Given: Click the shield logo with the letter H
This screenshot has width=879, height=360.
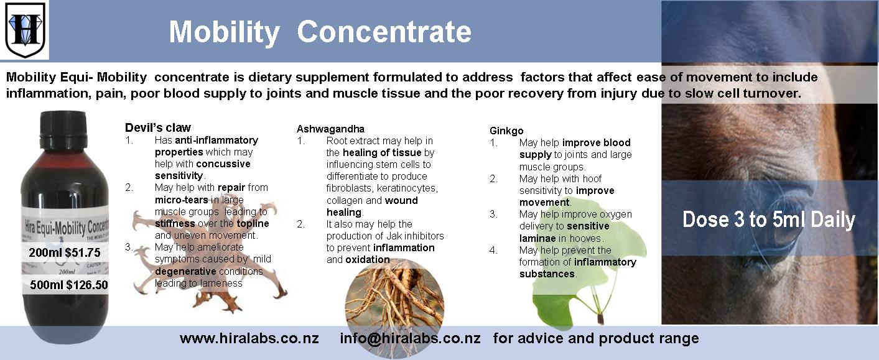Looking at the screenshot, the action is (25, 30).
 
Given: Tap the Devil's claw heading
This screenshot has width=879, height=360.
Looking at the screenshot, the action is (158, 127).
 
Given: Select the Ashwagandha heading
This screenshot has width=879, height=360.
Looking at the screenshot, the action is (330, 129).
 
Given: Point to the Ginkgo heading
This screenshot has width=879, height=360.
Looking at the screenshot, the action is (506, 131).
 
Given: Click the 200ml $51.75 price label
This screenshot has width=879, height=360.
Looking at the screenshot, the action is (64, 252).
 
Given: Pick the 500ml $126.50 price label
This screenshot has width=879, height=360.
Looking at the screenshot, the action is (68, 285).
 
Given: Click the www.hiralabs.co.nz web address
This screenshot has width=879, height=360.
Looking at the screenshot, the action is (249, 338).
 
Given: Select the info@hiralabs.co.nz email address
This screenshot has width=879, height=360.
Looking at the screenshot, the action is (410, 338).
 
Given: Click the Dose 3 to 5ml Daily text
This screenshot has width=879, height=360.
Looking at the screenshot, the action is (768, 219).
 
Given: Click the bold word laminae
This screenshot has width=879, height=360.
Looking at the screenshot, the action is (537, 238).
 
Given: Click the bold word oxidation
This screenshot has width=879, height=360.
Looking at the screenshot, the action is (368, 259).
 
